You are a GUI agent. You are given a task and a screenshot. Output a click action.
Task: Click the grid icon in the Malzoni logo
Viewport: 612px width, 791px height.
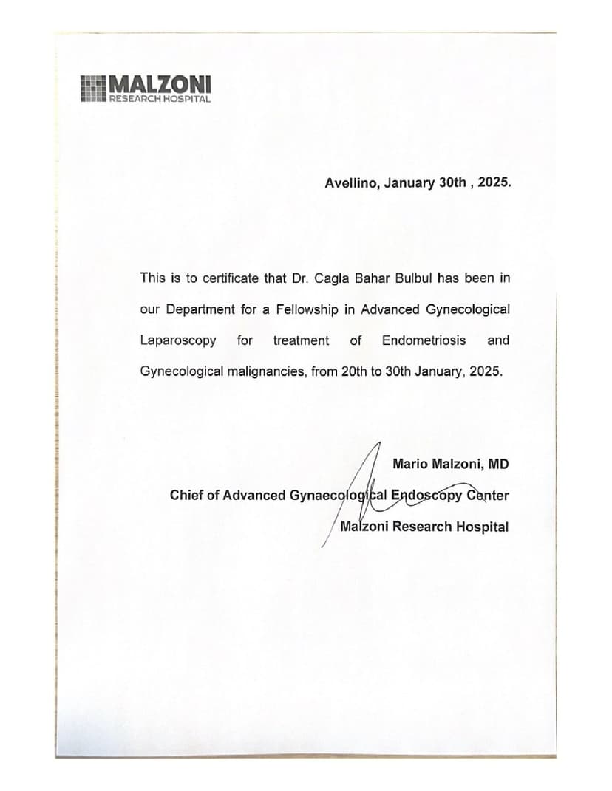point(94,88)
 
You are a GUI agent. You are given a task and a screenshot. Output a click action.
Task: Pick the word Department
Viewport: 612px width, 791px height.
point(201,309)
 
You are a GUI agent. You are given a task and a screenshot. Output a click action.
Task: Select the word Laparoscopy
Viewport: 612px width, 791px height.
point(178,340)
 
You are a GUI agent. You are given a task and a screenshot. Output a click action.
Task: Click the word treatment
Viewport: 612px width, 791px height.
point(301,340)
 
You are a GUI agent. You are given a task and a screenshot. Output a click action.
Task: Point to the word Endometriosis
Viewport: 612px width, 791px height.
point(424,340)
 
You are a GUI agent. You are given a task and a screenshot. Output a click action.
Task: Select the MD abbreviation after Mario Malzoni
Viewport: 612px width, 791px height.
point(499,465)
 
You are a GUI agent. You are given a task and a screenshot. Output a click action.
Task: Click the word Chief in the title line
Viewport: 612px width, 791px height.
point(186,496)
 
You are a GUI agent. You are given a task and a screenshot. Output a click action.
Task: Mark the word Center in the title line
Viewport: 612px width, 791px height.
point(488,496)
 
